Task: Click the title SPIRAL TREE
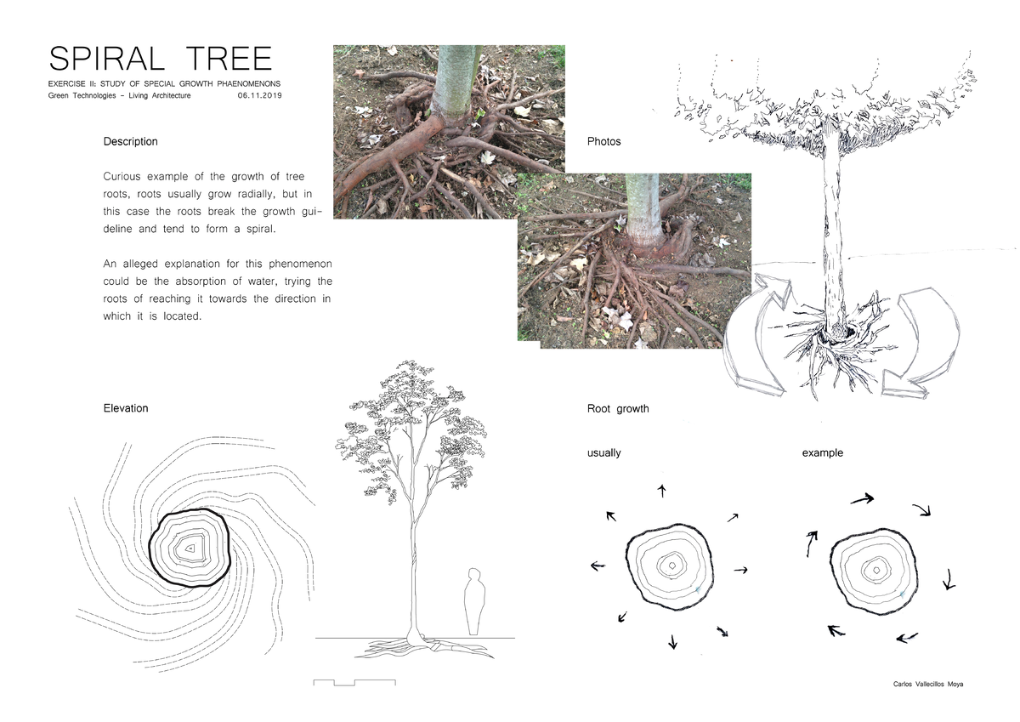(161, 59)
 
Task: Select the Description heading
(130, 141)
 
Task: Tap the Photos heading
(603, 141)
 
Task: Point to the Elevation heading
(126, 408)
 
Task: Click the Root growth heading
(618, 409)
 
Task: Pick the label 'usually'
(603, 452)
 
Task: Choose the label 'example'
(822, 452)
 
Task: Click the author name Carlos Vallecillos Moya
(929, 685)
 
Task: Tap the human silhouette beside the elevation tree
(476, 602)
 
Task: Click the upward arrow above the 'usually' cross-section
(662, 491)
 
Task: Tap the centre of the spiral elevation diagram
(190, 549)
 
